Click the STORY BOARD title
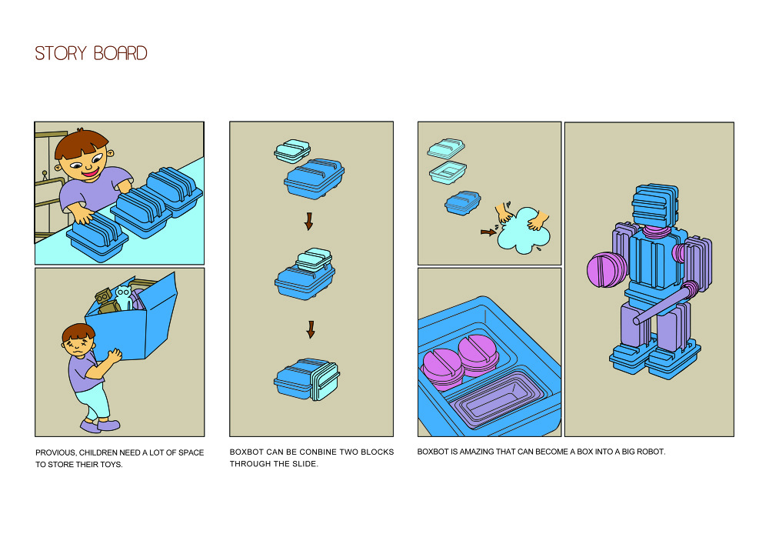[x=91, y=54]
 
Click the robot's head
[x=654, y=204]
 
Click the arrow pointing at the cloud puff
[x=488, y=231]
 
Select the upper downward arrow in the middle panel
[x=309, y=222]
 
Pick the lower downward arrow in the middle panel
[x=311, y=329]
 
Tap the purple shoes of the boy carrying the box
[x=100, y=425]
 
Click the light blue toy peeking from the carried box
[x=123, y=297]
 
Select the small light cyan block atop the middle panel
[x=292, y=151]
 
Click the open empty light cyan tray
[x=448, y=172]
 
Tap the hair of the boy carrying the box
[x=78, y=332]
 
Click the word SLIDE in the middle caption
[x=301, y=465]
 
